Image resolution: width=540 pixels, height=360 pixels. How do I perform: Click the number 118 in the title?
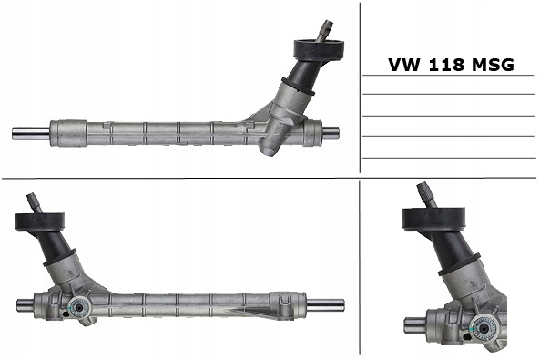click(x=446, y=65)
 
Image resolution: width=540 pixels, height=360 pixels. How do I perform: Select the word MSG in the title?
click(x=493, y=65)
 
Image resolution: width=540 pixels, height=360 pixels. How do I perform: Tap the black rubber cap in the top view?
click(x=320, y=49)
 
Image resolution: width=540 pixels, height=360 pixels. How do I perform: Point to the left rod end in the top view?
click(x=31, y=133)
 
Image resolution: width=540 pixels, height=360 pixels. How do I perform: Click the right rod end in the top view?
click(x=331, y=132)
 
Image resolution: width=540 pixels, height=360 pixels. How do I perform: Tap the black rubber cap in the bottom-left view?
click(x=40, y=221)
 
